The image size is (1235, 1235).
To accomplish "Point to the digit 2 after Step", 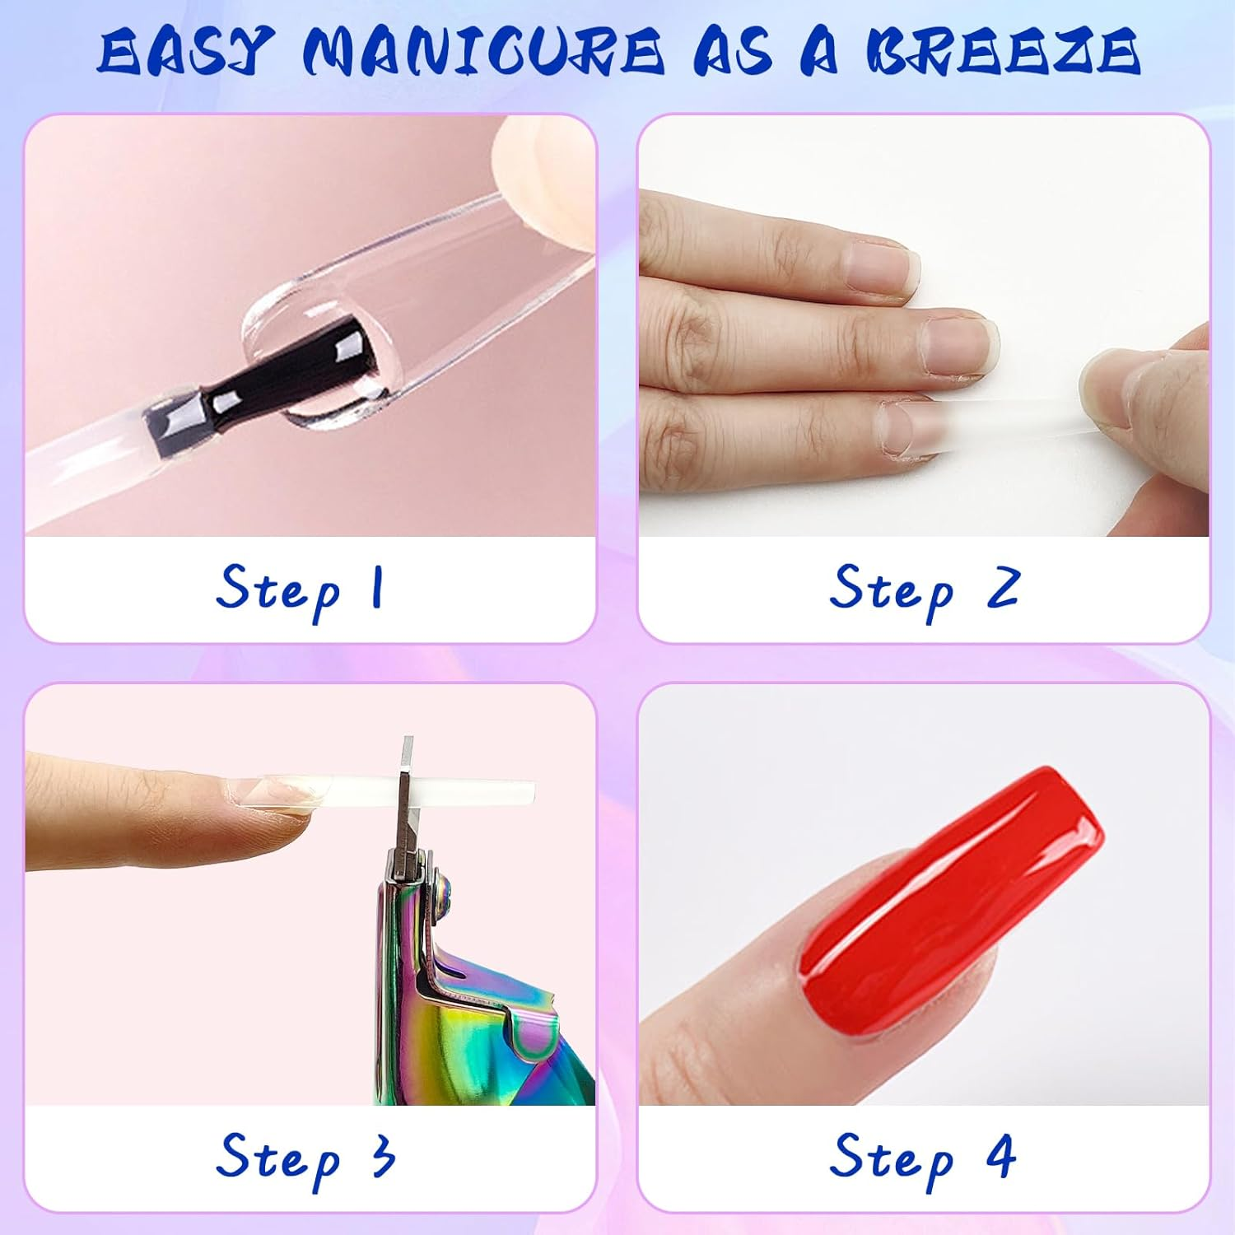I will pyautogui.click(x=1004, y=588).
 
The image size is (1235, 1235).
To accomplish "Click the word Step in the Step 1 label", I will pyautogui.click(x=277, y=590).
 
